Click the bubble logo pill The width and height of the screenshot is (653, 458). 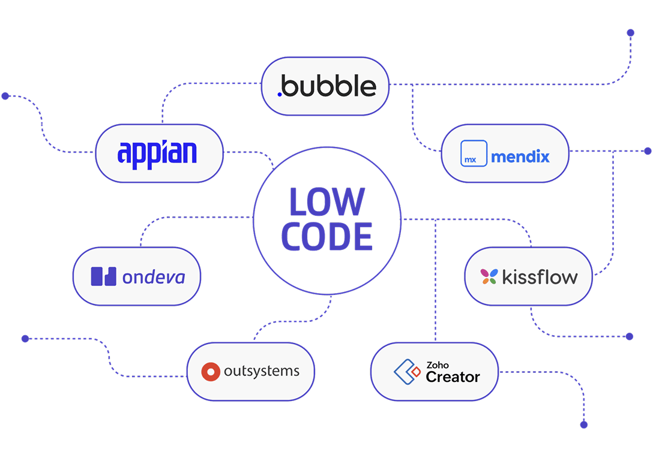click(325, 86)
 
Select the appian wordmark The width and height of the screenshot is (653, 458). click(157, 153)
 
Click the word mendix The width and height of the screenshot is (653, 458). click(520, 157)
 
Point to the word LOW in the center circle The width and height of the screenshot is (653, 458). click(326, 202)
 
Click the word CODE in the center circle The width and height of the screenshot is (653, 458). click(326, 236)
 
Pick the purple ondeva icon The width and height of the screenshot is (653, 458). click(103, 276)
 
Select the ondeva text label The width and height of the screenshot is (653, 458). click(153, 277)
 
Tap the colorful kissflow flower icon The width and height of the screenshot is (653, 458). click(489, 276)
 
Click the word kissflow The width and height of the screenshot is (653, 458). click(539, 277)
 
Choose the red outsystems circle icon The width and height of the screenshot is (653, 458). click(211, 372)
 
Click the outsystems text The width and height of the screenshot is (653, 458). click(261, 371)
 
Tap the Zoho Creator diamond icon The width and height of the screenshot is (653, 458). click(407, 372)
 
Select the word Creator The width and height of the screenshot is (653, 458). click(453, 377)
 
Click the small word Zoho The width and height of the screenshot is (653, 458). click(437, 364)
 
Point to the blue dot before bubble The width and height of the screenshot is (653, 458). click(280, 94)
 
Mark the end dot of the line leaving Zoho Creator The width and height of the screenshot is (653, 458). click(583, 424)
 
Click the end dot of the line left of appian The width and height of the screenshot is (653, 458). click(5, 96)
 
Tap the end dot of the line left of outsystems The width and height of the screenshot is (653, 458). click(25, 339)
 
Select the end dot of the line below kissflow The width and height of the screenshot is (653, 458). click(629, 337)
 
